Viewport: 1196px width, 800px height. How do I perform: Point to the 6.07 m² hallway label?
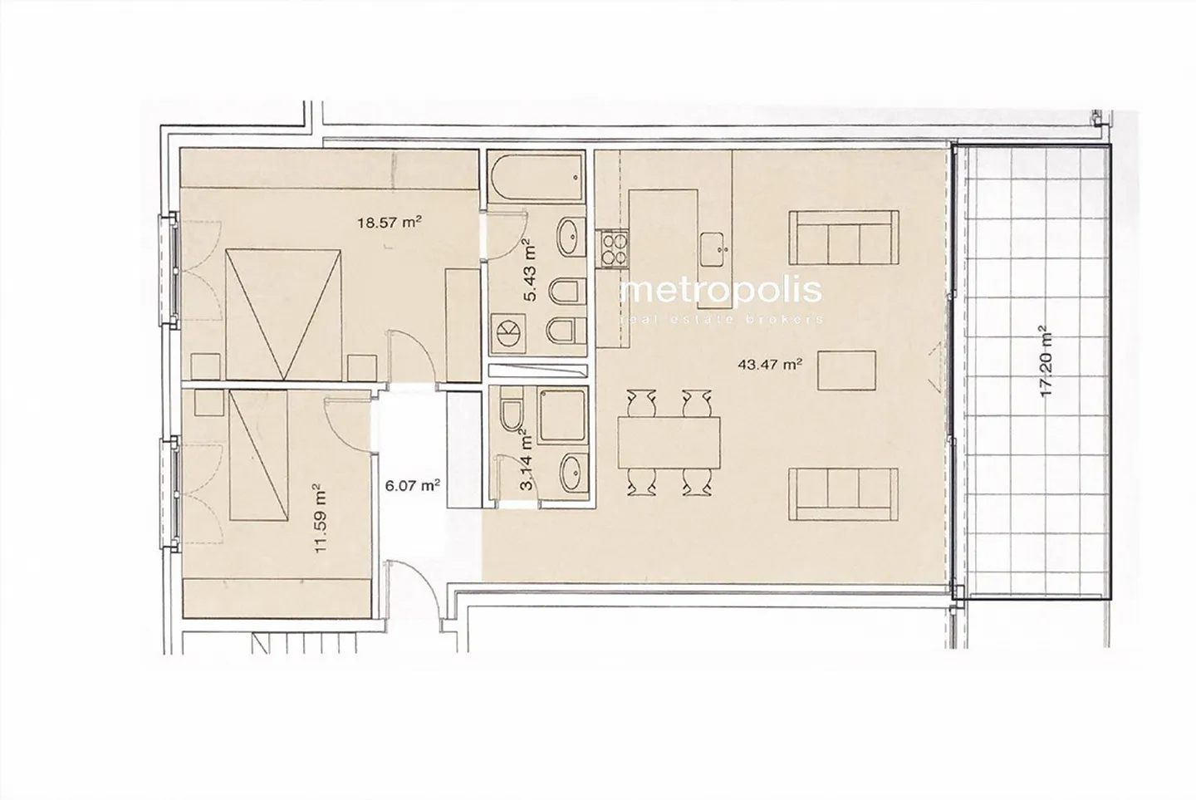(x=413, y=486)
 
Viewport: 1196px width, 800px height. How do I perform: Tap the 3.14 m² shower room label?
(x=525, y=460)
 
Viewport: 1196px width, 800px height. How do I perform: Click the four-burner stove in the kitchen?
(x=615, y=248)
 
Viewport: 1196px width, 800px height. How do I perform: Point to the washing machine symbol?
(x=507, y=331)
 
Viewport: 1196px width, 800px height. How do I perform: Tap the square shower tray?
(x=562, y=413)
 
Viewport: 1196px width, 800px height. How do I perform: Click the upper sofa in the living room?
(x=843, y=235)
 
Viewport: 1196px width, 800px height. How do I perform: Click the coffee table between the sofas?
(x=847, y=371)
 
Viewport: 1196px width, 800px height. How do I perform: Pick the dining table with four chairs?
(x=669, y=441)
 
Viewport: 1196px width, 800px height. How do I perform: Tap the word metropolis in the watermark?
(x=722, y=290)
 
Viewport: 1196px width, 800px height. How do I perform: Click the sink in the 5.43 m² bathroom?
(x=569, y=238)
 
